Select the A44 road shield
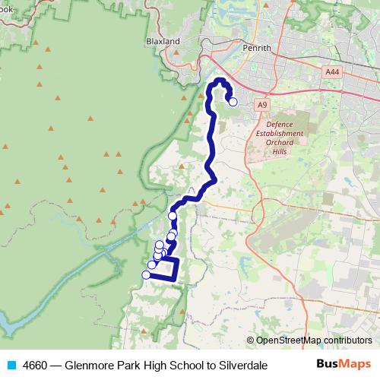pos(331,72)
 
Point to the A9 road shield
pos(262,103)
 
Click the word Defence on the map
pos(284,124)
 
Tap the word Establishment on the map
pos(284,133)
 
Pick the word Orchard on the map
pos(284,142)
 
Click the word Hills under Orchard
pos(284,151)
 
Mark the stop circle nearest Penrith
pos(233,102)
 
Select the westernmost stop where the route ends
pos(146,274)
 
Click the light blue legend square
pos(11,365)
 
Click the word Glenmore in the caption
pos(90,365)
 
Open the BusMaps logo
pos(343,364)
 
